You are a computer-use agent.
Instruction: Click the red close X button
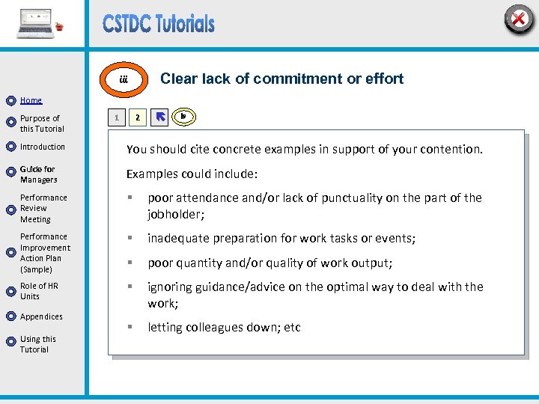pyautogui.click(x=518, y=19)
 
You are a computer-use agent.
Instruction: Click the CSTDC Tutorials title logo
pyautogui.click(x=159, y=24)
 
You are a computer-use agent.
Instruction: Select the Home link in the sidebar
pyautogui.click(x=31, y=100)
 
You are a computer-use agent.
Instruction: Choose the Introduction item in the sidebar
pyautogui.click(x=43, y=147)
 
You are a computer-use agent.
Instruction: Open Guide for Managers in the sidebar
pyautogui.click(x=38, y=174)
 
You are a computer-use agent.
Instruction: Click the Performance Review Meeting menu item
pyautogui.click(x=43, y=209)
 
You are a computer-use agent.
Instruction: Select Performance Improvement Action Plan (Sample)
pyautogui.click(x=45, y=253)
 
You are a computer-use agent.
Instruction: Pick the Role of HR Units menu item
pyautogui.click(x=39, y=291)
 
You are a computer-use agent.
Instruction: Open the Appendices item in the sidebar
pyautogui.click(x=41, y=316)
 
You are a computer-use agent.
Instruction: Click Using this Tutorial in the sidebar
pyautogui.click(x=37, y=344)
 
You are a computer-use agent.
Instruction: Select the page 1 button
pyautogui.click(x=115, y=117)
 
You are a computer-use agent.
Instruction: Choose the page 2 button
pyautogui.click(x=136, y=117)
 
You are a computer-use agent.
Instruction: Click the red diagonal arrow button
pyautogui.click(x=159, y=117)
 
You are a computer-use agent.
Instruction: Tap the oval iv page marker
pyautogui.click(x=183, y=116)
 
